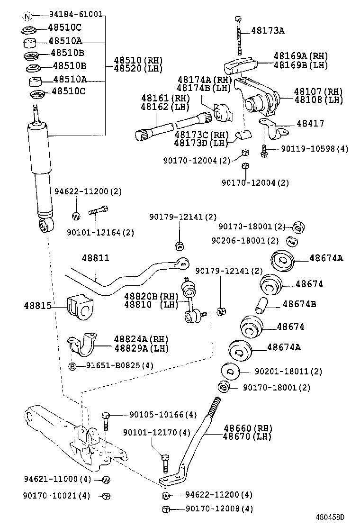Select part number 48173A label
(268, 31)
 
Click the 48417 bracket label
(310, 124)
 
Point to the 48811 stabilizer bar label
(95, 258)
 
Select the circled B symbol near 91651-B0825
(73, 366)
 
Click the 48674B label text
(299, 304)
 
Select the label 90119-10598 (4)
(314, 149)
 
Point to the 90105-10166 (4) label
(162, 415)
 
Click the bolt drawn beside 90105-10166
(106, 421)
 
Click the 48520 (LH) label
(138, 69)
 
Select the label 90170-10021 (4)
(56, 496)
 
